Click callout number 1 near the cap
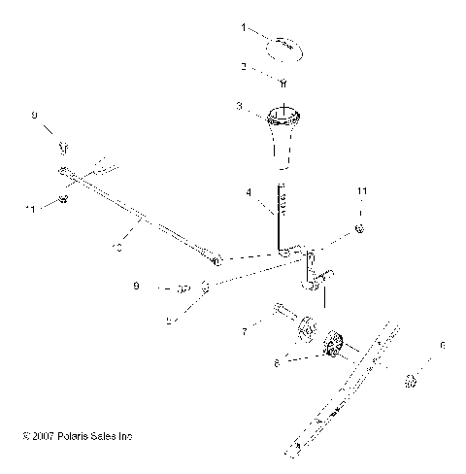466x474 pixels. click(x=245, y=29)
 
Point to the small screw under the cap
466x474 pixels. click(x=283, y=83)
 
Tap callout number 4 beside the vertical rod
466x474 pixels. click(x=249, y=193)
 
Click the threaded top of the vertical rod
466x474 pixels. click(x=283, y=203)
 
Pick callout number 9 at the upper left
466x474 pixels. click(x=34, y=116)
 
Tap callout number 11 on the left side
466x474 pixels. click(x=31, y=208)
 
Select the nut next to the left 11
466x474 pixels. click(x=62, y=199)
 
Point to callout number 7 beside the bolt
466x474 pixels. click(x=245, y=332)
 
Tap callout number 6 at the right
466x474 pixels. click(x=443, y=346)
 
